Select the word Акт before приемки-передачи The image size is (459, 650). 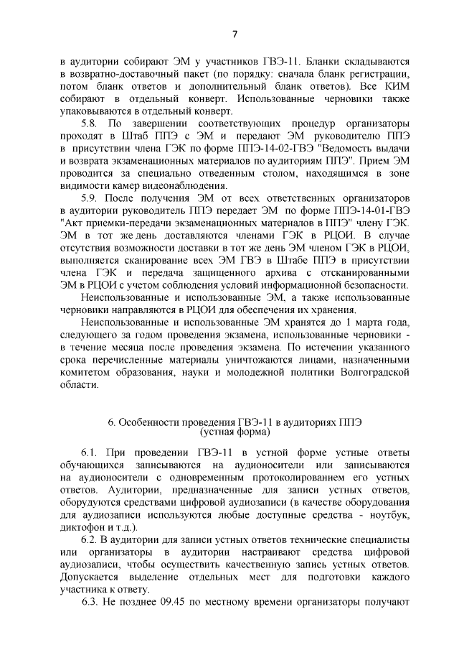[x=72, y=223]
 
